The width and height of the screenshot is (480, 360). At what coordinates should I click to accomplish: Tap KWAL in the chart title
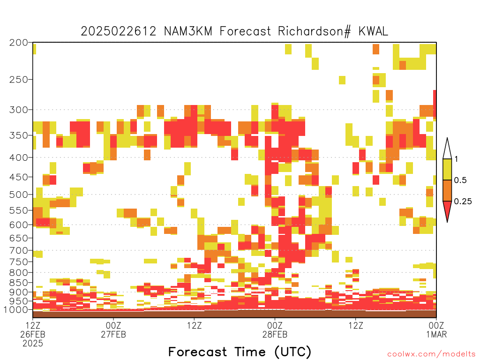click(x=373, y=31)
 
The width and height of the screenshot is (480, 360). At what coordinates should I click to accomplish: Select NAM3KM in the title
click(x=188, y=31)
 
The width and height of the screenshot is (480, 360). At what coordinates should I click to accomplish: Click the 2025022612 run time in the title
click(x=119, y=31)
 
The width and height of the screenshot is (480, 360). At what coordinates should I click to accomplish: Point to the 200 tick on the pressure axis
click(x=18, y=43)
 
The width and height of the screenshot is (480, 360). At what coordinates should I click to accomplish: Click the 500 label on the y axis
click(x=18, y=195)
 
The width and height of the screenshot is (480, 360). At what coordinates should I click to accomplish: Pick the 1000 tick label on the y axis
click(x=15, y=310)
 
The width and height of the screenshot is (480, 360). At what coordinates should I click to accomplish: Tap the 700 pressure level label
click(x=18, y=250)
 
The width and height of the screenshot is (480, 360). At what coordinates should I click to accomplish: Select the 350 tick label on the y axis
click(x=18, y=135)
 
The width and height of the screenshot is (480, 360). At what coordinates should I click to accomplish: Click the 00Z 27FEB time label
click(x=113, y=330)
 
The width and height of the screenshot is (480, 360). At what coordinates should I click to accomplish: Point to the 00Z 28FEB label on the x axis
click(x=275, y=330)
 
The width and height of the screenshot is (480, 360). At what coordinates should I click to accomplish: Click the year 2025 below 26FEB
click(x=33, y=344)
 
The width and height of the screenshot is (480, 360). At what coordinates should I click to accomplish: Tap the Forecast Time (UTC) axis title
click(x=240, y=352)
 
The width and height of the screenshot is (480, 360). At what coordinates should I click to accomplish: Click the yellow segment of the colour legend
click(x=447, y=169)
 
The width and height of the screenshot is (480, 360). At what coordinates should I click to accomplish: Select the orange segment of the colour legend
click(x=447, y=190)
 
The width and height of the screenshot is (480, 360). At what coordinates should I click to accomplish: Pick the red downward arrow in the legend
click(x=447, y=210)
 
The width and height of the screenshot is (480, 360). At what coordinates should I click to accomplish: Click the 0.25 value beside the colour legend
click(x=463, y=202)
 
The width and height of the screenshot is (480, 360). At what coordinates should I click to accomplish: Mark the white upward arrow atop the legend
click(x=447, y=150)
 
